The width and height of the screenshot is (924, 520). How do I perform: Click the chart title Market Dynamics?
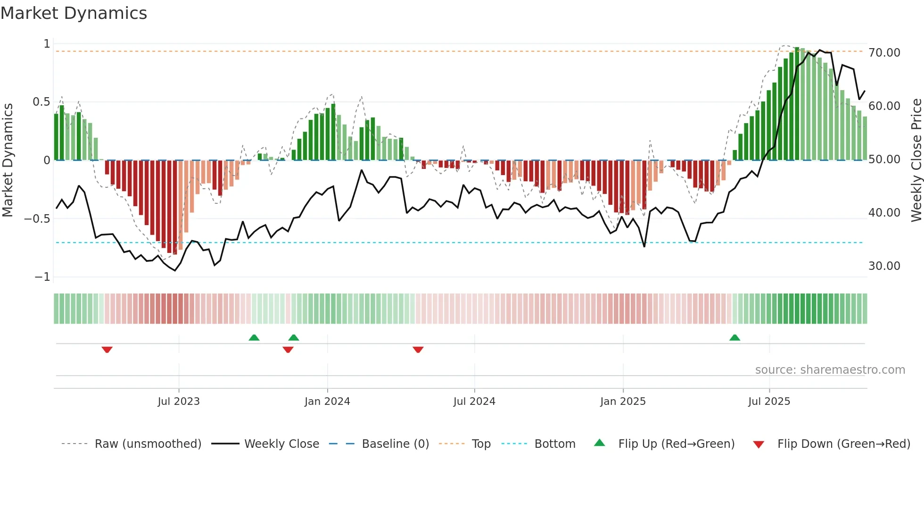pyautogui.click(x=74, y=13)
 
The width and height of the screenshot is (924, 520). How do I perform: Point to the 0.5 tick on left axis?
pyautogui.click(x=41, y=102)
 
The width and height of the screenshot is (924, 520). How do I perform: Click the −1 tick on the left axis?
pyautogui.click(x=42, y=277)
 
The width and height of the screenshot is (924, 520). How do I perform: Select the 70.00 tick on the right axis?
pyautogui.click(x=884, y=53)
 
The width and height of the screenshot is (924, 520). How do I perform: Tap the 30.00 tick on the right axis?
pyautogui.click(x=884, y=266)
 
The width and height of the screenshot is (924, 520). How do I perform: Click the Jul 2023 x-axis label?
pyautogui.click(x=179, y=402)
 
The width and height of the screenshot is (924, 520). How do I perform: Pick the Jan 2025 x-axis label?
pyautogui.click(x=623, y=402)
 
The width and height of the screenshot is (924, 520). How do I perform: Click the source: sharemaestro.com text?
pyautogui.click(x=830, y=370)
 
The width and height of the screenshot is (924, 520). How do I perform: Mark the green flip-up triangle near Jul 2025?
pyautogui.click(x=734, y=337)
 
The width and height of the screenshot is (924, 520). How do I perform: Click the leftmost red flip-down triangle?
pyautogui.click(x=107, y=350)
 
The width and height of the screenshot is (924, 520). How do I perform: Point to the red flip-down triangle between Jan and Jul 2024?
pyautogui.click(x=418, y=350)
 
